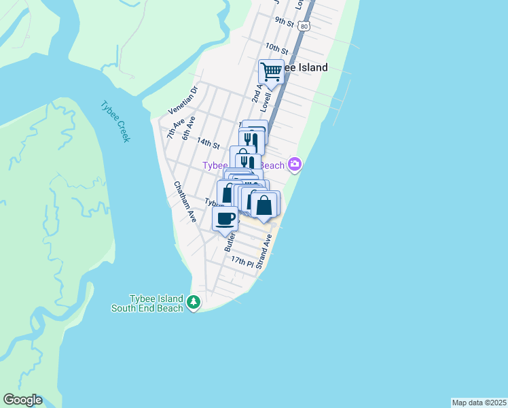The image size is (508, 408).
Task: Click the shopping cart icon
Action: (x=271, y=71)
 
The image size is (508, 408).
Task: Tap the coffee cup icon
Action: (x=225, y=219)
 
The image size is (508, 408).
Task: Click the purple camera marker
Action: (x=294, y=163)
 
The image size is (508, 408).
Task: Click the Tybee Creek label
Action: (x=115, y=122)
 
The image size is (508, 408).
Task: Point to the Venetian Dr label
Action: (x=183, y=99)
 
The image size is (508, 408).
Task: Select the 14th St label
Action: (x=208, y=144)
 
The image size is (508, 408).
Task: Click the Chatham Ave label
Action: (x=185, y=202)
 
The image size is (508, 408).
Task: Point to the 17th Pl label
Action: (x=241, y=261)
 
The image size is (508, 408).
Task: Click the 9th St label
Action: (x=284, y=23)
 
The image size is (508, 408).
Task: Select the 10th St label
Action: (x=276, y=48)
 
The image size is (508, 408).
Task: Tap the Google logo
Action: (x=22, y=400)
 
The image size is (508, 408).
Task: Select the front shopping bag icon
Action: (x=265, y=204)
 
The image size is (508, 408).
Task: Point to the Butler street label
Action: (x=230, y=240)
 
